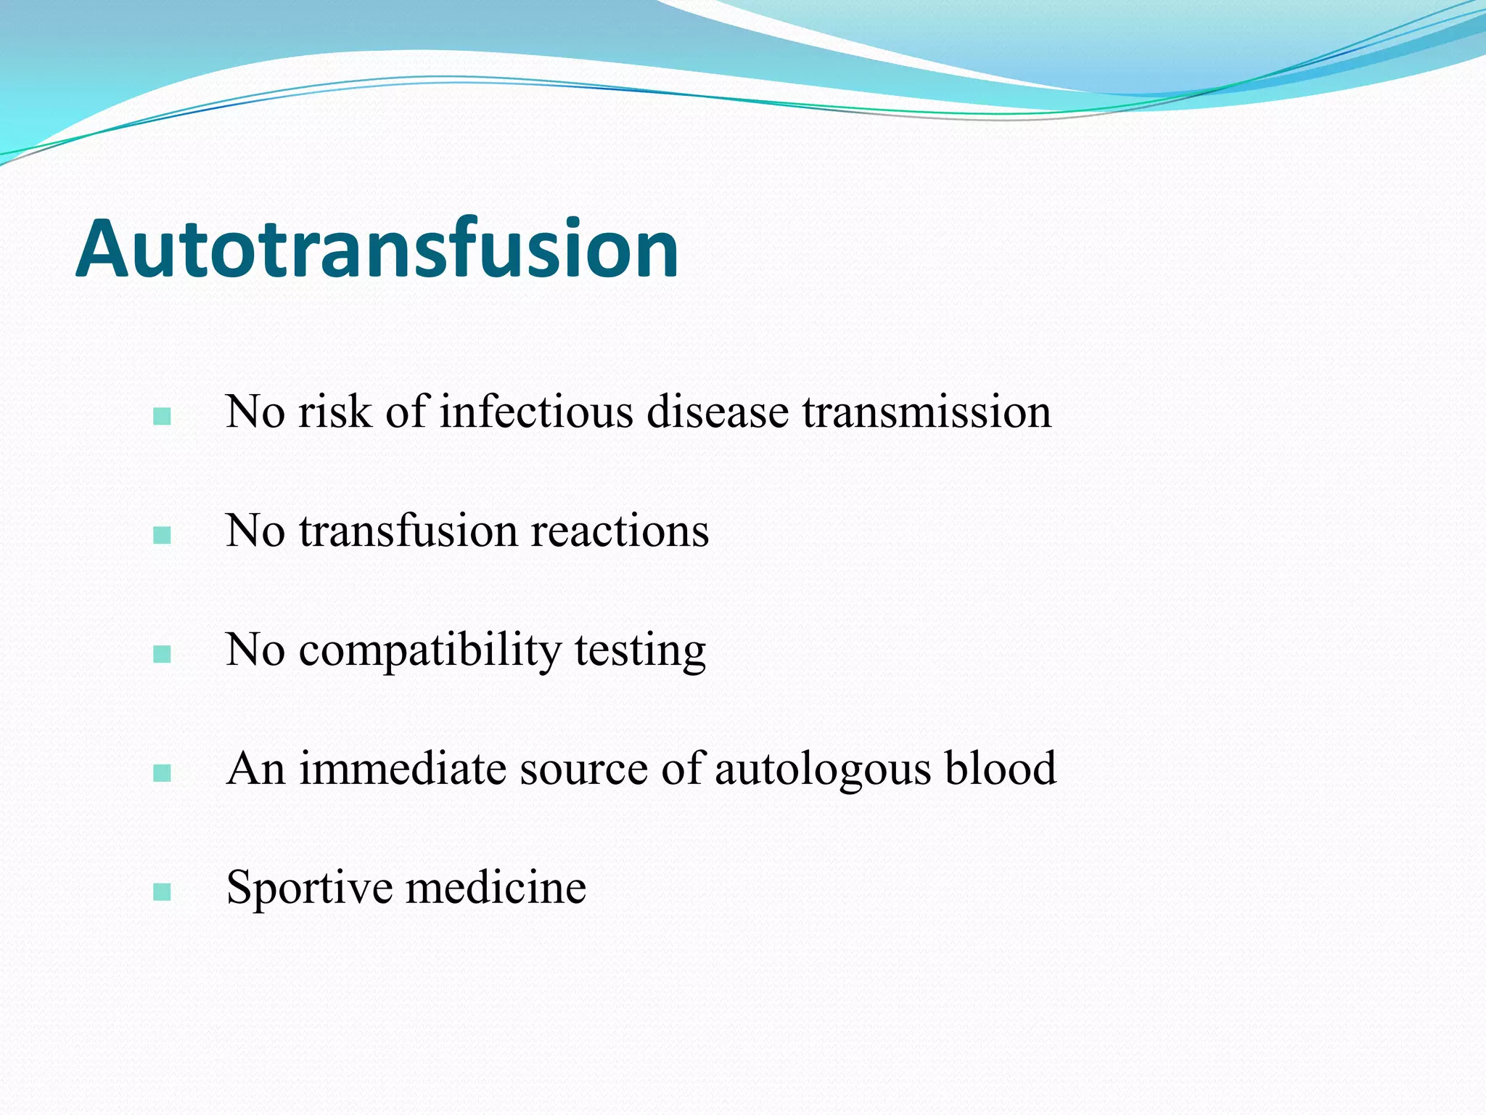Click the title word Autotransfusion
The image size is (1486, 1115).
click(377, 249)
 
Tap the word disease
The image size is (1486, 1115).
click(718, 412)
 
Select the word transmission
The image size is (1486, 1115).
click(927, 412)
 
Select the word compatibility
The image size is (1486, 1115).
click(430, 650)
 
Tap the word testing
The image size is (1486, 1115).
click(640, 650)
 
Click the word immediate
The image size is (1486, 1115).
click(403, 769)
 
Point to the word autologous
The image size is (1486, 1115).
click(822, 769)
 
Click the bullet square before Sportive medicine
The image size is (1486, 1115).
click(163, 892)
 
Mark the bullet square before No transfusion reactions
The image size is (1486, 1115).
click(163, 536)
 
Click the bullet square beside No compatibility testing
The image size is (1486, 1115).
click(163, 655)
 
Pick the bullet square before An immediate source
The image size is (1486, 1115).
click(163, 773)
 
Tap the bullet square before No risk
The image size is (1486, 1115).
click(163, 417)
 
